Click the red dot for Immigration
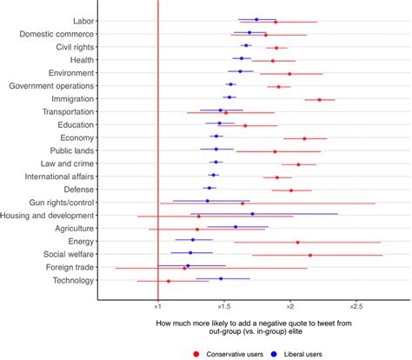[x=320, y=100]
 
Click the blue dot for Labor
[x=256, y=19]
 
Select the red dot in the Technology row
[x=169, y=281]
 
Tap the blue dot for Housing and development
[x=253, y=213]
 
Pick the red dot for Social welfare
[x=310, y=255]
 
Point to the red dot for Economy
[x=304, y=138]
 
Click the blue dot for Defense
[x=209, y=187]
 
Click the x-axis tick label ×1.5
[x=223, y=306]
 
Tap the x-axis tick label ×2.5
[x=356, y=306]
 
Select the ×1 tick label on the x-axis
[x=157, y=306]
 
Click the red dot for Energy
[x=297, y=243]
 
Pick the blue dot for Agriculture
[x=235, y=227]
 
